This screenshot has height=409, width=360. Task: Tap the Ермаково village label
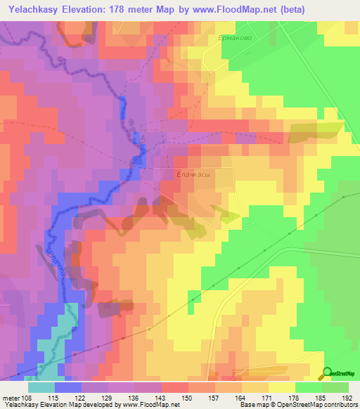[234, 39]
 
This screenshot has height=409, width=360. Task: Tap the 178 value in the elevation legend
[293, 397]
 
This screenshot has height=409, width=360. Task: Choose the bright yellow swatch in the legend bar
[281, 387]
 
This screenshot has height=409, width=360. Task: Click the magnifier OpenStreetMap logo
[328, 374]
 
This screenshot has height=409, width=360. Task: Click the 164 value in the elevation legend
[241, 397]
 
